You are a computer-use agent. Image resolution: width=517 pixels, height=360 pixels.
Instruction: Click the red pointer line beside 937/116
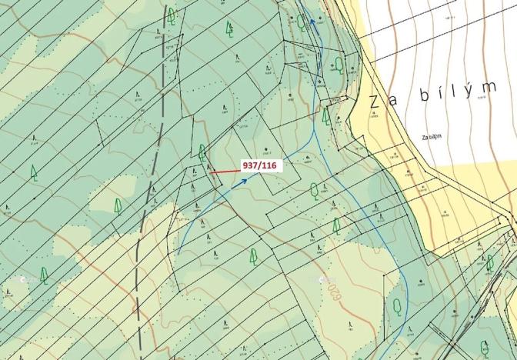point(225,171)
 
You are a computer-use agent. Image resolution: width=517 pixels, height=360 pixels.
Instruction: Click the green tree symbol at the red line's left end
point(202,152)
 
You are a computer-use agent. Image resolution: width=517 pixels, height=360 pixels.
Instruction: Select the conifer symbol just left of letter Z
point(325,117)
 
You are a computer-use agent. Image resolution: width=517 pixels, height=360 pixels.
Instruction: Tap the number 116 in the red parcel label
point(272,165)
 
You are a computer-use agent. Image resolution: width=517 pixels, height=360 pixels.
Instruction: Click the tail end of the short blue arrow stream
point(178,253)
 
